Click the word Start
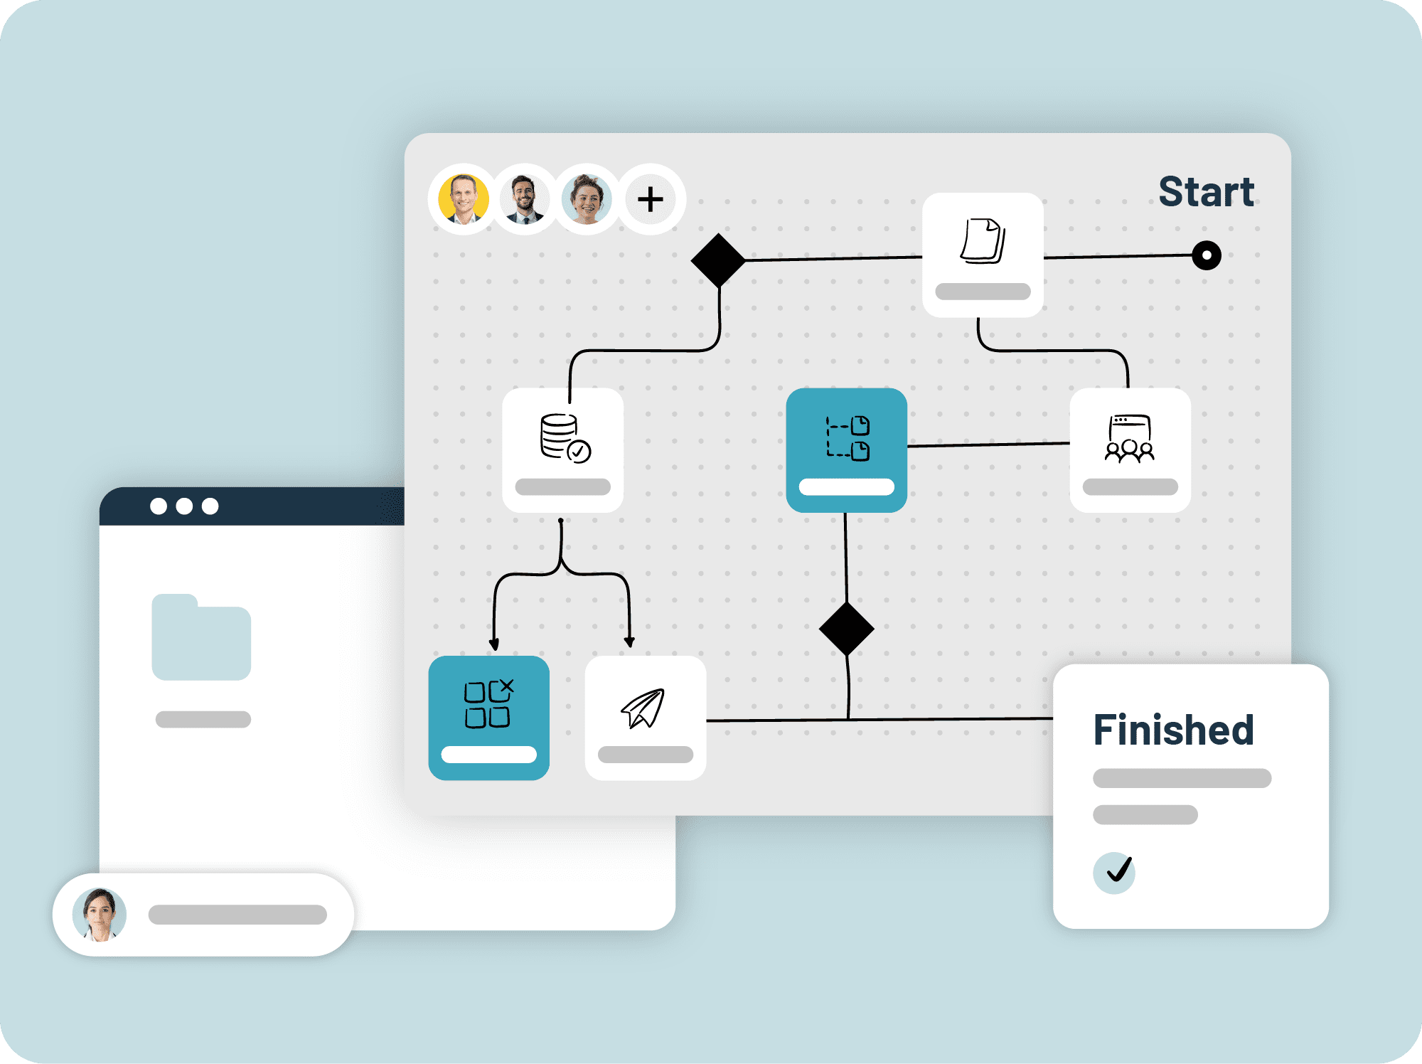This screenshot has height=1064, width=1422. pos(1206,192)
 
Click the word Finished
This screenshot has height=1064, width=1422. pos(1173,730)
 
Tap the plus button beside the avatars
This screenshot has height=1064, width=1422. pos(651,199)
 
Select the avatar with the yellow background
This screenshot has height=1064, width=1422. pos(464,199)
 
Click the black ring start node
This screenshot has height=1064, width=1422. pos(1206,255)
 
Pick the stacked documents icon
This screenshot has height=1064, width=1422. pos(983,241)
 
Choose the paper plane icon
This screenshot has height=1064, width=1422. pos(643,708)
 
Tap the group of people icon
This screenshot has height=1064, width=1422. pos(1129,439)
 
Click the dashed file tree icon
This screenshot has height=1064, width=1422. pos(847,438)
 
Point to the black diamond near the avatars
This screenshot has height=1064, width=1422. pos(718,260)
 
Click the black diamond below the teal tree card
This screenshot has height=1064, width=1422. pos(846,629)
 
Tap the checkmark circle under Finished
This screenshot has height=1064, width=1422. pos(1113,872)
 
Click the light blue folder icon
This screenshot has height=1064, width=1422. pos(201,638)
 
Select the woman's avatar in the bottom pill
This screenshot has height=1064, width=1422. pos(100,915)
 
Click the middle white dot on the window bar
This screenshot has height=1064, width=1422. pos(184,506)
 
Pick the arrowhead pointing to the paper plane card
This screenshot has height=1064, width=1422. pos(629,642)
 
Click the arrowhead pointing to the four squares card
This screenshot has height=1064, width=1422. pos(494,644)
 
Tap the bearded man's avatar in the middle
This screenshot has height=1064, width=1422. pos(525,199)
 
